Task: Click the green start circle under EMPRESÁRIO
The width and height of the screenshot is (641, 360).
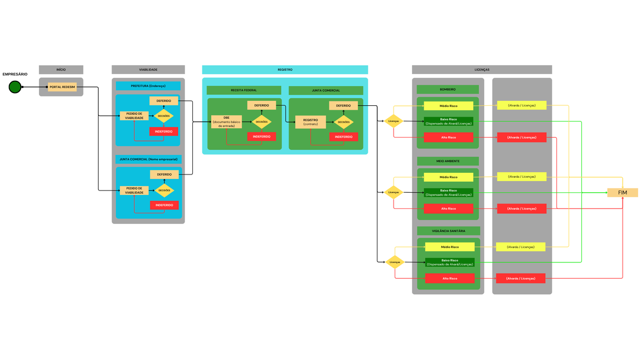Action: (x=15, y=87)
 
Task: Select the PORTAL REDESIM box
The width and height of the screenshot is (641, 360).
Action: (x=62, y=87)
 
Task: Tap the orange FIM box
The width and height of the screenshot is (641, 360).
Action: (x=623, y=193)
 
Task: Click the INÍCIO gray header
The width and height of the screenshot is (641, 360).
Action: (x=61, y=70)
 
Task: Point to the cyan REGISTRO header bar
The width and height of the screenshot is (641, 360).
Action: (x=285, y=70)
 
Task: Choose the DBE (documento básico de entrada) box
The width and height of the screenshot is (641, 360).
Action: (x=226, y=122)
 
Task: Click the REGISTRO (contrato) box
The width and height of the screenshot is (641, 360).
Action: (x=310, y=122)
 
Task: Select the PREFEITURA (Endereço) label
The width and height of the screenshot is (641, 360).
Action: (x=148, y=86)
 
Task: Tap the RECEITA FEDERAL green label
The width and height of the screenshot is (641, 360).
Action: (x=244, y=90)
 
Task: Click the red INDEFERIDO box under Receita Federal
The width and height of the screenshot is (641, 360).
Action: (x=261, y=137)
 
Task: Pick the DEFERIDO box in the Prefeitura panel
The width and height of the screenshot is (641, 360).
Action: (x=164, y=101)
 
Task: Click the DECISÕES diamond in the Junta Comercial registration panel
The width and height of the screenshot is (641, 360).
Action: (x=343, y=122)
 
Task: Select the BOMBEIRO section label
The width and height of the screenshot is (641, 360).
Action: (x=448, y=89)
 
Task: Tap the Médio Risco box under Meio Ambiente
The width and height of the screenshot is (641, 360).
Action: (x=448, y=177)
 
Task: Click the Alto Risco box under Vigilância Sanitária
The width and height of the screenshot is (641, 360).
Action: (x=450, y=278)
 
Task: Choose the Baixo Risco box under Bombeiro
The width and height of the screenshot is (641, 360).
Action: (x=448, y=121)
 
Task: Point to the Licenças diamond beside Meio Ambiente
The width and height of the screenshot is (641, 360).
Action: (x=394, y=192)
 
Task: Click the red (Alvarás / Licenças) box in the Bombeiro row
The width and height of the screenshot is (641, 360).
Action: (x=522, y=137)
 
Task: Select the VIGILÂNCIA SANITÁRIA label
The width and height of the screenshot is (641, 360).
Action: (x=449, y=231)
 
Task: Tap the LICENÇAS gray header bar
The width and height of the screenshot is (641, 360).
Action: (x=482, y=70)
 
